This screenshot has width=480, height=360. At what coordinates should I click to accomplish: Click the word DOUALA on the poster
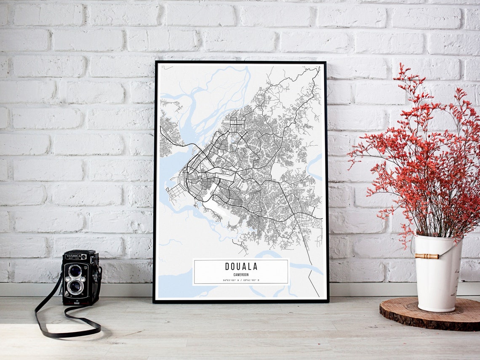(241, 267)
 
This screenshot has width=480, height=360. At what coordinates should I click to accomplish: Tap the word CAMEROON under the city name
(241, 275)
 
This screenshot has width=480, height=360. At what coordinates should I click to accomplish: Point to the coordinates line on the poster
(241, 280)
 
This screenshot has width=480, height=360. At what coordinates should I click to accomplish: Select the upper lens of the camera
(75, 271)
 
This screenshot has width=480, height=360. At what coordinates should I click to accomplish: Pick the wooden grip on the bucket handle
(426, 256)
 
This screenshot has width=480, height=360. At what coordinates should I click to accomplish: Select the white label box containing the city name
(241, 272)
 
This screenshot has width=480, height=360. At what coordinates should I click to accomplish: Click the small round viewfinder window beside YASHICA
(84, 256)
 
